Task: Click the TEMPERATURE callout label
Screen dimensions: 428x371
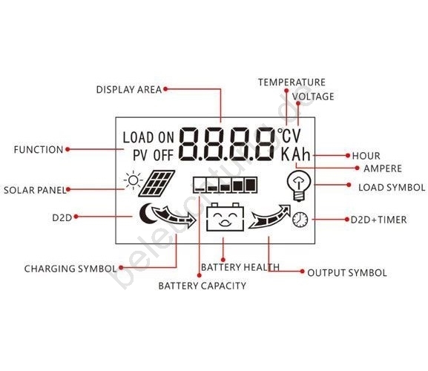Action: (292, 82)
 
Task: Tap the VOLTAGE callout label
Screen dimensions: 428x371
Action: (313, 96)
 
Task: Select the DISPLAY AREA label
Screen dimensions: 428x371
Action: (129, 90)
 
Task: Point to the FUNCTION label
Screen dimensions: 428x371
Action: (39, 150)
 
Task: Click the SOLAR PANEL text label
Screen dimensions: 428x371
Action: (35, 190)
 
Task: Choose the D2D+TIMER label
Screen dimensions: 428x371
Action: (378, 220)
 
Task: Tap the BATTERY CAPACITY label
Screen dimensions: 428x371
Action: (203, 286)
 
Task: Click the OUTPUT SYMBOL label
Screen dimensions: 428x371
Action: (347, 273)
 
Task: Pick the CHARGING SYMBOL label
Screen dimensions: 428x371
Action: (70, 269)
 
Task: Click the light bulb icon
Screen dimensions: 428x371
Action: (299, 185)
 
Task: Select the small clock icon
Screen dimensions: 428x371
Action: (300, 220)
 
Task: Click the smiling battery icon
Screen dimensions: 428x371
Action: (225, 217)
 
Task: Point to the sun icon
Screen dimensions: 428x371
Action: (134, 180)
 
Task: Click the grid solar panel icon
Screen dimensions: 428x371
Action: (157, 183)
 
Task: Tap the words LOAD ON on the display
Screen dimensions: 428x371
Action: (148, 137)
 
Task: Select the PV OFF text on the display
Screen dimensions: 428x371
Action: (153, 155)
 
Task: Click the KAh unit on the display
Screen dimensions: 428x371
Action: (296, 154)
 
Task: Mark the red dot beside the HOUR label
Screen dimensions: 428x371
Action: (348, 156)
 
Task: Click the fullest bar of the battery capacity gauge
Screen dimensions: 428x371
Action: (251, 185)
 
